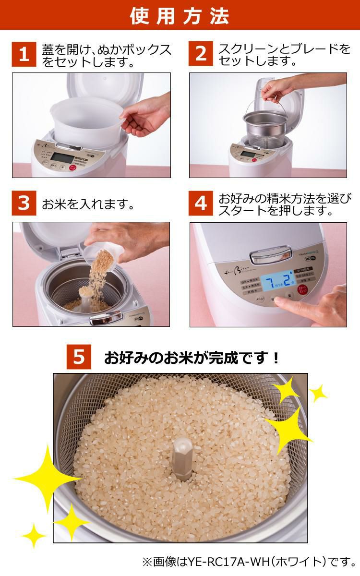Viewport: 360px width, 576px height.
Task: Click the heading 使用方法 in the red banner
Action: point(180,15)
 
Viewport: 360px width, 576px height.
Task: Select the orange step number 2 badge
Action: point(201,54)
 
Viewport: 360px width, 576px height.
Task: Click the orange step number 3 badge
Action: point(24,203)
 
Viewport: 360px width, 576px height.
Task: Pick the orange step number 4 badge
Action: point(201,203)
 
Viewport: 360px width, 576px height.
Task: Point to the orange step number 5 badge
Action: point(79,357)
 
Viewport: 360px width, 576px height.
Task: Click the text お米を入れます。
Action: point(87,204)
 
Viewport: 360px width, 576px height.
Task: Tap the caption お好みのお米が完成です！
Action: point(192,358)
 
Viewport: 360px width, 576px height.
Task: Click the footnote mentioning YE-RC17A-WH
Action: point(249,561)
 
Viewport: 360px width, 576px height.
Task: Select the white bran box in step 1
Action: point(86,120)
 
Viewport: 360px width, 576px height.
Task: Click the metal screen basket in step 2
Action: point(266,130)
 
